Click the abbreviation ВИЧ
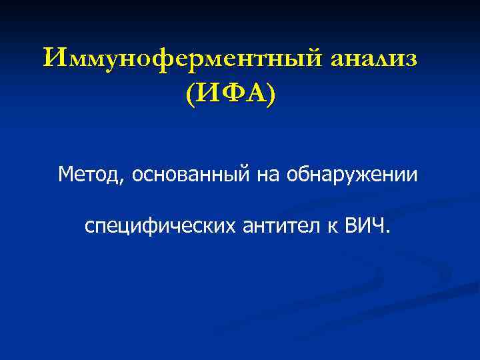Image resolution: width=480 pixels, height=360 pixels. [365, 227]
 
